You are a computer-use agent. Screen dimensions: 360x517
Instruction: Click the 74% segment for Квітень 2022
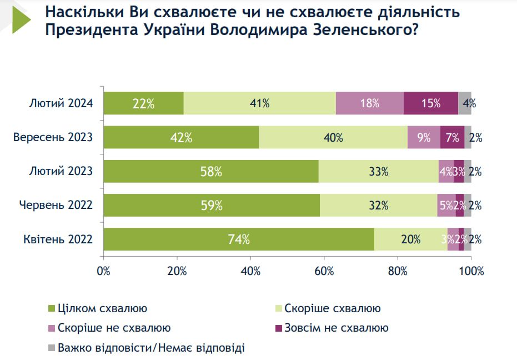pos(239,239)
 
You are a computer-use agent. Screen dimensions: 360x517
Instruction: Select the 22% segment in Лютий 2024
pos(143,103)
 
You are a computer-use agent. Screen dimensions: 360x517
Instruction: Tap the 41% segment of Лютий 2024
pos(259,103)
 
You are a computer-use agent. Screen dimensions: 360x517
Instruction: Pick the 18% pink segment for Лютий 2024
pos(369,103)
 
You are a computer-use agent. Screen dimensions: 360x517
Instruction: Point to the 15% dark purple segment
pos(430,103)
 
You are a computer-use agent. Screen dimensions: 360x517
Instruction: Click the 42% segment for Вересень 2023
pos(181,137)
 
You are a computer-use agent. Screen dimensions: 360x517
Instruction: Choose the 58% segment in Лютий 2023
pos(211,172)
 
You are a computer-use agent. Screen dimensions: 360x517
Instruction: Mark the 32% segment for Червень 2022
pos(378,206)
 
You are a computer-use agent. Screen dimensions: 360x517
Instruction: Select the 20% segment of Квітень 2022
pos(410,239)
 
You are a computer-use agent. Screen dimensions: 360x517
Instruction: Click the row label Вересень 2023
pos(53,137)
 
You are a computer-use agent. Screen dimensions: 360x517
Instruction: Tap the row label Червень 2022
pos(56,206)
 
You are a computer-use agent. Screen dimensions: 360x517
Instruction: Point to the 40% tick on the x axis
pos(250,272)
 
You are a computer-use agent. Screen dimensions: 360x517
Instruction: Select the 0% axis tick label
pos(103,272)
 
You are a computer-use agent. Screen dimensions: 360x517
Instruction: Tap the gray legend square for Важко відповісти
pos(52,348)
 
